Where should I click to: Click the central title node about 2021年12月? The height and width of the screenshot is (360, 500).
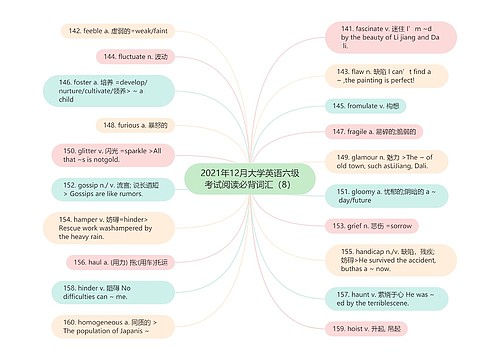coord(250,178)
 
